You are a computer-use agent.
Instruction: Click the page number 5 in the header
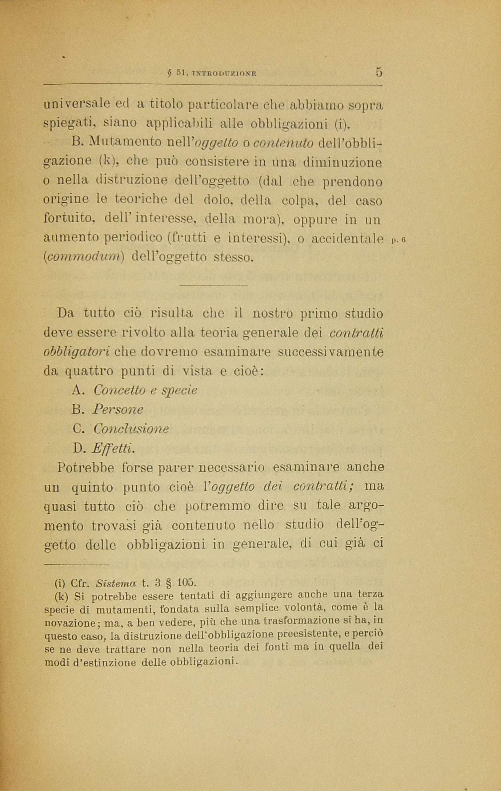379,72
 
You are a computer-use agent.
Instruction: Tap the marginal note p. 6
399,240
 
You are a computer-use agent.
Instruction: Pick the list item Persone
118,409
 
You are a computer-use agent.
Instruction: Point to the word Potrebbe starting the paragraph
86,467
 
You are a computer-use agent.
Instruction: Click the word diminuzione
343,163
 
